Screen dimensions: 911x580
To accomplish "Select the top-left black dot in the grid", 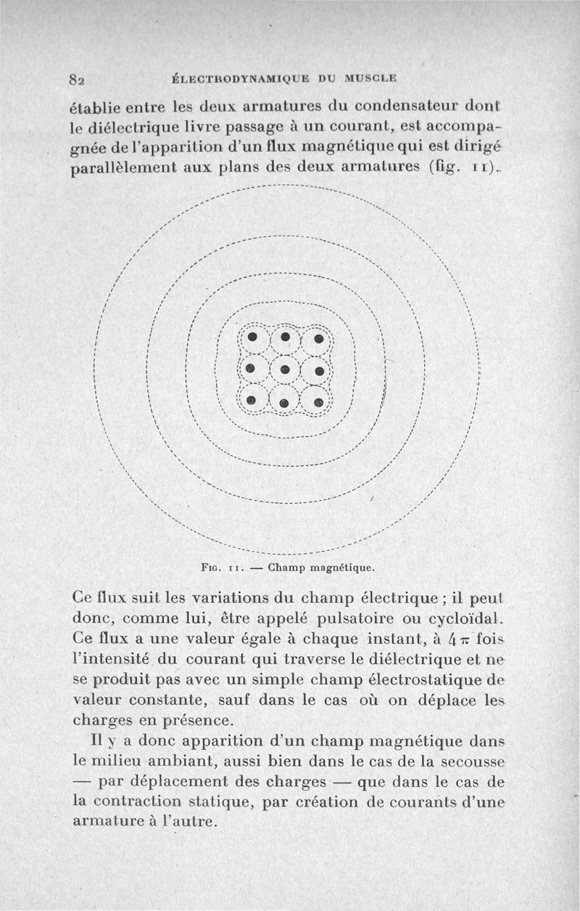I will (x=252, y=338).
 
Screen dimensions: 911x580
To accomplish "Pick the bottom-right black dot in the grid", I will (x=319, y=401).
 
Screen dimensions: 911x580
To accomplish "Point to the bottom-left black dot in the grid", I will (x=251, y=400).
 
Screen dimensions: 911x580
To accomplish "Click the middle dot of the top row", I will (x=286, y=338).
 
